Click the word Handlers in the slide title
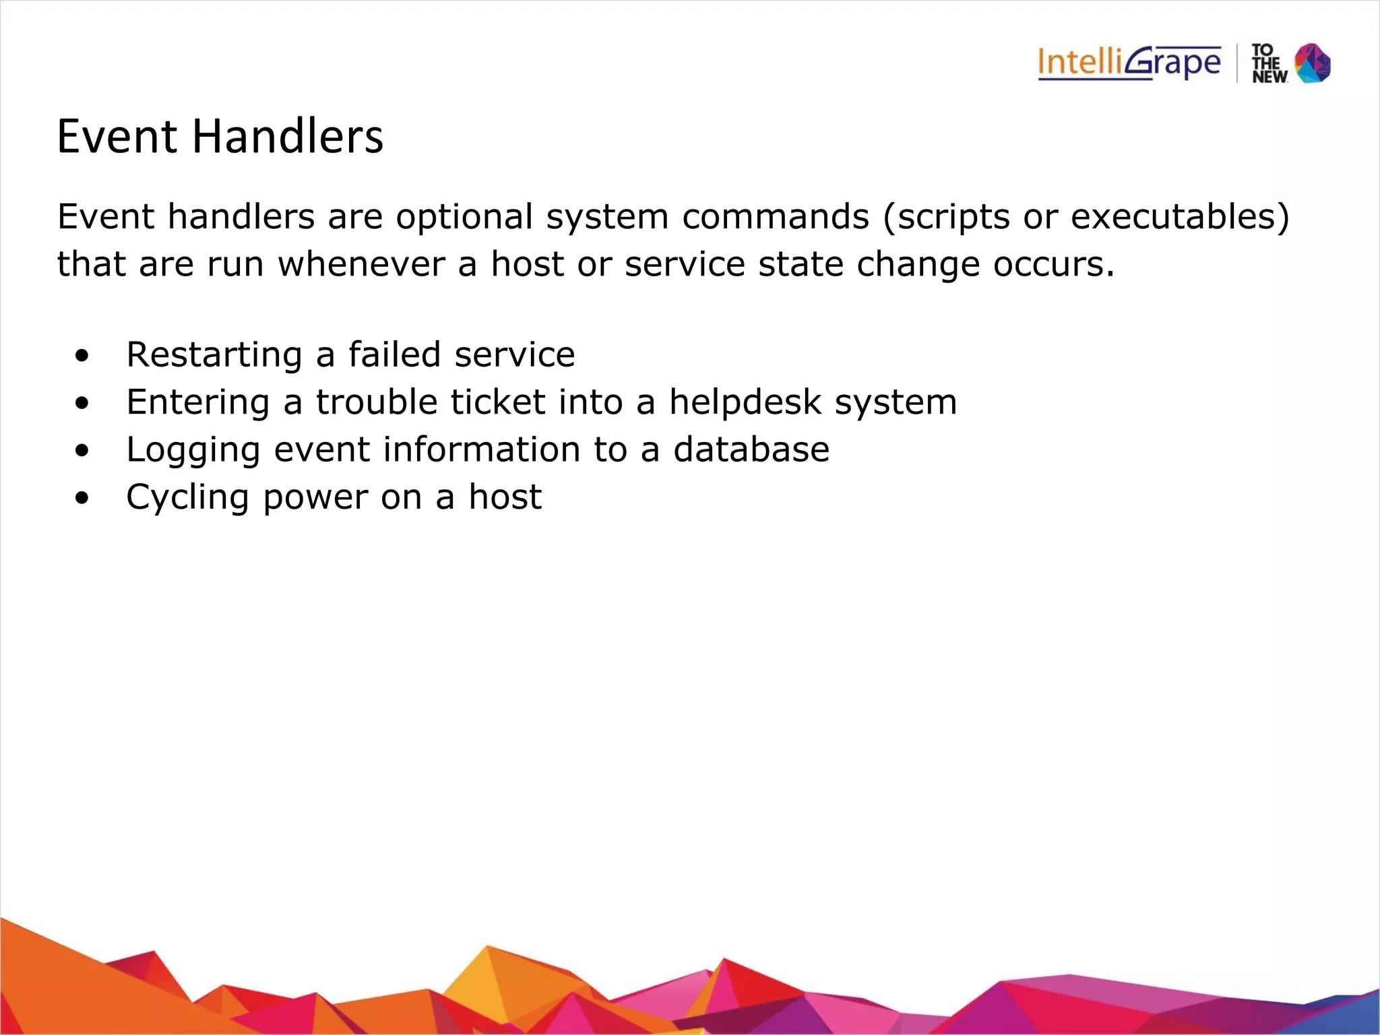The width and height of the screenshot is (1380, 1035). (288, 137)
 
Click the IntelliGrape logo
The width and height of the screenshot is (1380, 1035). (1129, 63)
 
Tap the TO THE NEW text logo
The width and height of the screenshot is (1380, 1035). (1269, 64)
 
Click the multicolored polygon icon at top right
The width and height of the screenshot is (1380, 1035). (1313, 63)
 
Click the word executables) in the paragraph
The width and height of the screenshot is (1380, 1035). (1180, 218)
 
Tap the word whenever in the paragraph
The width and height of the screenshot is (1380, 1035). (361, 264)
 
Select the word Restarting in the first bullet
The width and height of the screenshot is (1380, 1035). (214, 355)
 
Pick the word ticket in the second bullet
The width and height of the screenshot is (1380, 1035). (497, 402)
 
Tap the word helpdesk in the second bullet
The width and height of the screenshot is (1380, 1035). (745, 402)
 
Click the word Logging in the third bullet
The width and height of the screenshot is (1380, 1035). (193, 450)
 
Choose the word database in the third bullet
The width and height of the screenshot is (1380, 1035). (751, 449)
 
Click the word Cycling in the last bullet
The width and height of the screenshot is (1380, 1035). (188, 498)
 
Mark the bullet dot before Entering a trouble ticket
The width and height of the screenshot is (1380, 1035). (82, 404)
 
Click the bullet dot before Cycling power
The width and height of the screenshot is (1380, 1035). (82, 499)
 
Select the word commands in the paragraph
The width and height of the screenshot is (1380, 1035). (776, 218)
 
